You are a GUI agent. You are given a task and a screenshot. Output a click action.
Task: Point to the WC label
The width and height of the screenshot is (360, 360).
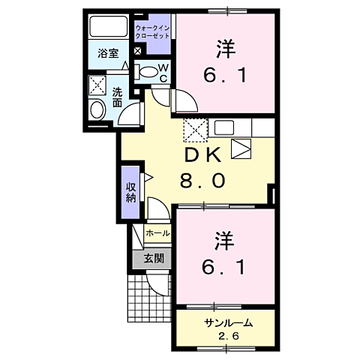(163, 73)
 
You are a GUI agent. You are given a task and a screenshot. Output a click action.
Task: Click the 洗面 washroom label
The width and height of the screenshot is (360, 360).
(118, 98)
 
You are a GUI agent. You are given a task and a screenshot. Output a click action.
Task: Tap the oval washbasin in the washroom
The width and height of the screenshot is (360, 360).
(97, 109)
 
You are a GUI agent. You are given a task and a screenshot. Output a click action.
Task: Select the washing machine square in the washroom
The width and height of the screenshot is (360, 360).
(97, 85)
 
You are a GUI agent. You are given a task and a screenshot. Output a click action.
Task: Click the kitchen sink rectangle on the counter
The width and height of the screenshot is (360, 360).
(224, 127)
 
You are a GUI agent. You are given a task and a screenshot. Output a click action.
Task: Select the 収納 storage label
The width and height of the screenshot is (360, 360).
(131, 192)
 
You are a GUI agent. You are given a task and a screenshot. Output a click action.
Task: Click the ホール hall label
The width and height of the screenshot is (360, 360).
(158, 233)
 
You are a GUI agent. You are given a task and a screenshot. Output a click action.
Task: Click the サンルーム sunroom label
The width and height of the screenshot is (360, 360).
(227, 322)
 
